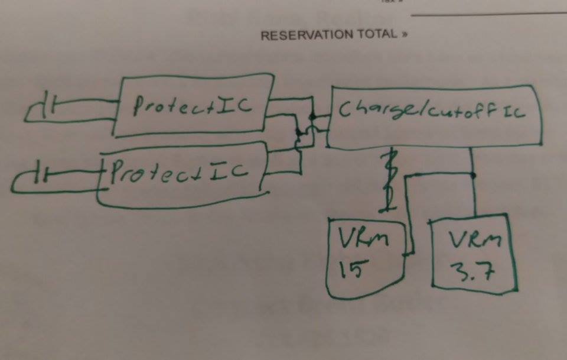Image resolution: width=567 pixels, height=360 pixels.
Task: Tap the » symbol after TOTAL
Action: [404, 34]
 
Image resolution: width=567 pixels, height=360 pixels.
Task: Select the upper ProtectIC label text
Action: [192, 106]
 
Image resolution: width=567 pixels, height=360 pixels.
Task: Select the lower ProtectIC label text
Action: [180, 171]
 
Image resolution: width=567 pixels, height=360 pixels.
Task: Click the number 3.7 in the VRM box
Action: [472, 271]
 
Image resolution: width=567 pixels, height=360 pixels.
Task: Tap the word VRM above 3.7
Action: [475, 239]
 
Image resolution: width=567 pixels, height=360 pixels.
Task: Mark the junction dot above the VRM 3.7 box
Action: [472, 176]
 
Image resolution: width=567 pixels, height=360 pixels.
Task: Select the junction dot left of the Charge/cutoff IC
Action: [312, 116]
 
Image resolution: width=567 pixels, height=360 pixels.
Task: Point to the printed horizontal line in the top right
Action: [489, 14]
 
